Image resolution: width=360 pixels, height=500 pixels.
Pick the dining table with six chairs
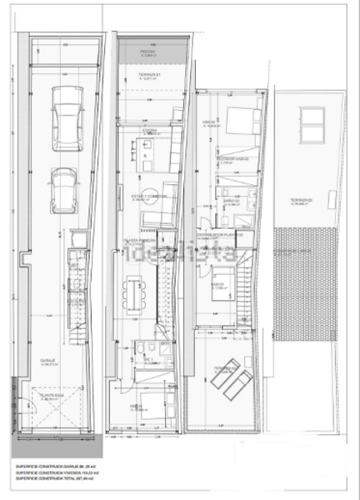coord(134,292)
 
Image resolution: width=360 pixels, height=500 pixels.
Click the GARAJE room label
coord(51,362)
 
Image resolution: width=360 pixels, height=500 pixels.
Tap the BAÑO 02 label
coord(229,200)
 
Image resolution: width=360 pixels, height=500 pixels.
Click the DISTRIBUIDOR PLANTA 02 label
coord(226,235)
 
